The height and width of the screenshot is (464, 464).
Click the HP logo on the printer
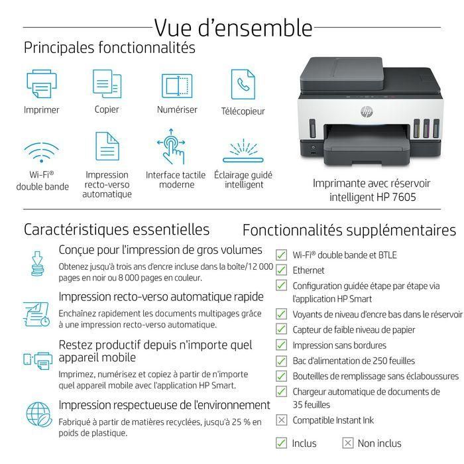tap(367, 111)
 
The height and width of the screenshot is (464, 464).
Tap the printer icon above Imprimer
tap(41, 84)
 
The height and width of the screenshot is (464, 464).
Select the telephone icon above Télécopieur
tap(243, 84)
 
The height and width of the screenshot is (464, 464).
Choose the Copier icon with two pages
tap(107, 84)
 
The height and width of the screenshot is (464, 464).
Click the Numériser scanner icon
tap(176, 85)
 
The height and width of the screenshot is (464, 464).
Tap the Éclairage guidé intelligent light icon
tap(244, 150)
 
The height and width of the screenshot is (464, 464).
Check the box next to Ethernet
tap(281, 270)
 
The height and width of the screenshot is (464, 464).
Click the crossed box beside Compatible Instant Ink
tap(281, 420)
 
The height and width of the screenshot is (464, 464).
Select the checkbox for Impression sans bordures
tap(281, 345)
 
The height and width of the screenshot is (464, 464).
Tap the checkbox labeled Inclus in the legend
tap(281, 443)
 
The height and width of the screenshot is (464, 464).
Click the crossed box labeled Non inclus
tap(347, 443)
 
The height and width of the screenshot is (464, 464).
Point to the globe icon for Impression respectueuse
tap(37, 414)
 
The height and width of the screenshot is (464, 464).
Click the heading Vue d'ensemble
tap(233, 27)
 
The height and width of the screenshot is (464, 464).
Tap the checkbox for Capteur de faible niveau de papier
tap(281, 329)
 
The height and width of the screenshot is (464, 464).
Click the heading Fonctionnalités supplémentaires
tap(349, 230)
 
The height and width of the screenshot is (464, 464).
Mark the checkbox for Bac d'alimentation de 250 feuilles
tap(281, 361)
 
